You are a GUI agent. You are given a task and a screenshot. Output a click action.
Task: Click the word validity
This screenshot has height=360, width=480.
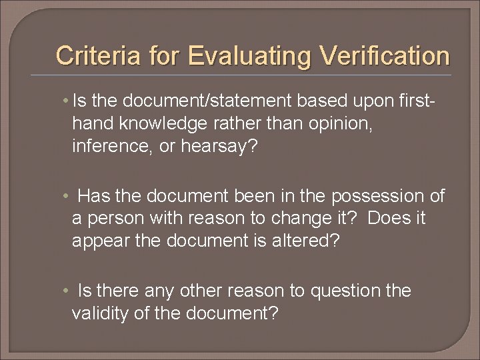tap(105, 313)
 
